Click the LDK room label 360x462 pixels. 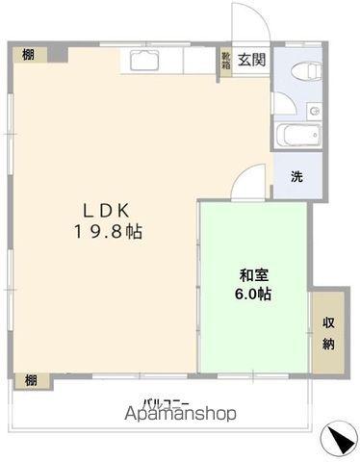(107, 211)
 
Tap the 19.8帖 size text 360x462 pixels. (108, 231)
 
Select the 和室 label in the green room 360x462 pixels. (254, 275)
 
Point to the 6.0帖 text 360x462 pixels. (253, 294)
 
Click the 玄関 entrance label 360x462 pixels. (251, 60)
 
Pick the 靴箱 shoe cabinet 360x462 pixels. (226, 62)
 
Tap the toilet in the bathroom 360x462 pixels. (306, 70)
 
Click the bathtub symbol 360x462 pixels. (298, 135)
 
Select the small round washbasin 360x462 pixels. (315, 112)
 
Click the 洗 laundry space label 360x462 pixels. (296, 176)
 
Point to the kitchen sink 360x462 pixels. (145, 61)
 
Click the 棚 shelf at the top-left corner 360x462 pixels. (30, 55)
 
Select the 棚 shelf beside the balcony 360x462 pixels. (32, 380)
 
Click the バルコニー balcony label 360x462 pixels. (167, 402)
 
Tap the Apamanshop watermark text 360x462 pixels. (180, 414)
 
